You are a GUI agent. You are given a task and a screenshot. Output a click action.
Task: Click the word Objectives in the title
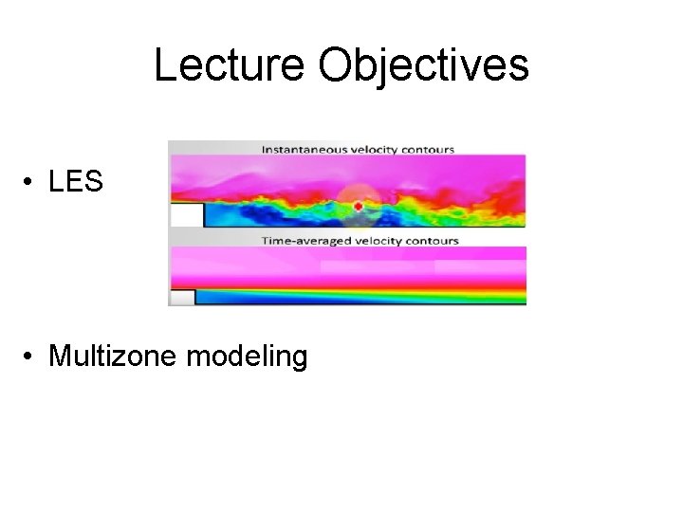pos(424,65)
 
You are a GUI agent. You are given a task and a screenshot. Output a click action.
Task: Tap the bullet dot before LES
pos(32,183)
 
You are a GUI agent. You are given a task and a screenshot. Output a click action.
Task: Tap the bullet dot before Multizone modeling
pos(32,357)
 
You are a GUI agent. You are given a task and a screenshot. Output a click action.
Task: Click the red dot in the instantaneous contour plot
pos(358,206)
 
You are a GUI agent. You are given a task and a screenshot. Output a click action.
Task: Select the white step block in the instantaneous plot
pos(186,215)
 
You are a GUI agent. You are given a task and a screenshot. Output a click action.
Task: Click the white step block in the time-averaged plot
pos(181,298)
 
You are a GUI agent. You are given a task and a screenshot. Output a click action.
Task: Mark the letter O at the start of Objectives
pos(336,65)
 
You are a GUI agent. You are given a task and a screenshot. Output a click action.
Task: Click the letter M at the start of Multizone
pos(59,357)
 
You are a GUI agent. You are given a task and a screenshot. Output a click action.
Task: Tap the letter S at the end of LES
pos(93,182)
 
